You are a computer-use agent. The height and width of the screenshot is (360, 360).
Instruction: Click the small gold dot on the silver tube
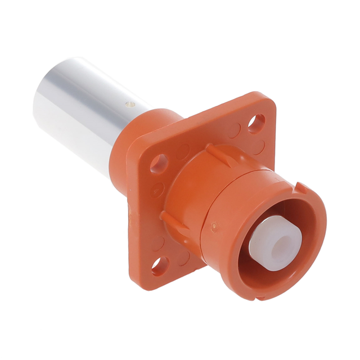click(128, 103)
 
